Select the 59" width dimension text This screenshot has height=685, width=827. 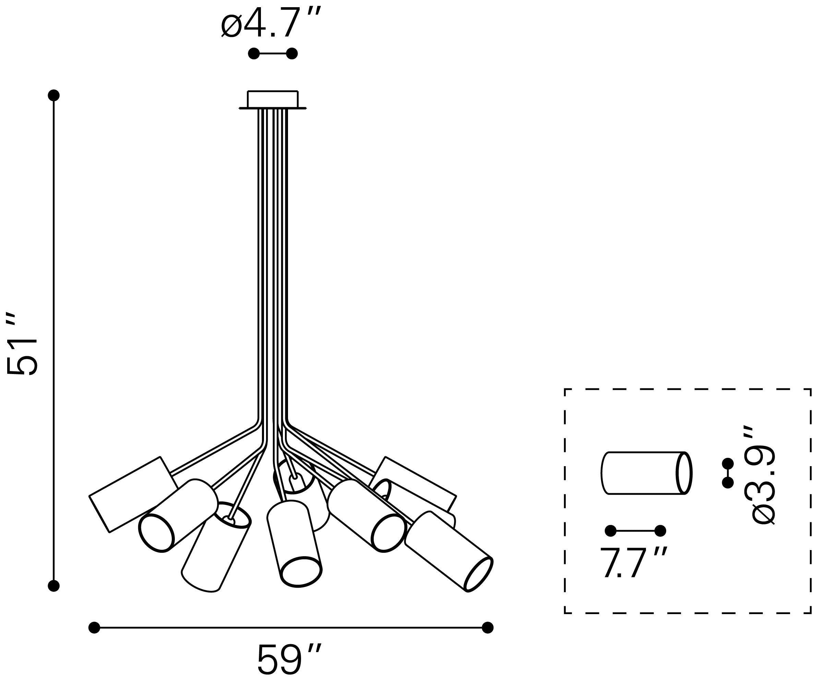(289, 659)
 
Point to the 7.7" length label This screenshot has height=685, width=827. (633, 562)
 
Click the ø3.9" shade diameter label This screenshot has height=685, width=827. (763, 475)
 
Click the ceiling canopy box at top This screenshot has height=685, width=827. (273, 100)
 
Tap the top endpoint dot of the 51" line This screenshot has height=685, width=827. (53, 95)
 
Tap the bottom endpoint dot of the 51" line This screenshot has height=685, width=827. (53, 586)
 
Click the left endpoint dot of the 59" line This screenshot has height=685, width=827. (95, 627)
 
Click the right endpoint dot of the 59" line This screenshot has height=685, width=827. (488, 627)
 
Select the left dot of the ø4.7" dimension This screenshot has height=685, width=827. (254, 53)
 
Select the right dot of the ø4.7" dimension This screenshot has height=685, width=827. (292, 53)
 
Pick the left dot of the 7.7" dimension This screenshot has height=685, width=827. (610, 531)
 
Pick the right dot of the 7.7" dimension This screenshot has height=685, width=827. (660, 531)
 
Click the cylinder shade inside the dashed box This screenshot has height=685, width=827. (646, 473)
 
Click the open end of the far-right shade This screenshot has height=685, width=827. (479, 575)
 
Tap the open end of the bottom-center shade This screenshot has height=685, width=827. (302, 572)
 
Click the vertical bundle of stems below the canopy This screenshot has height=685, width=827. (273, 264)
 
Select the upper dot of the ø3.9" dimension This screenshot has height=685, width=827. (728, 463)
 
